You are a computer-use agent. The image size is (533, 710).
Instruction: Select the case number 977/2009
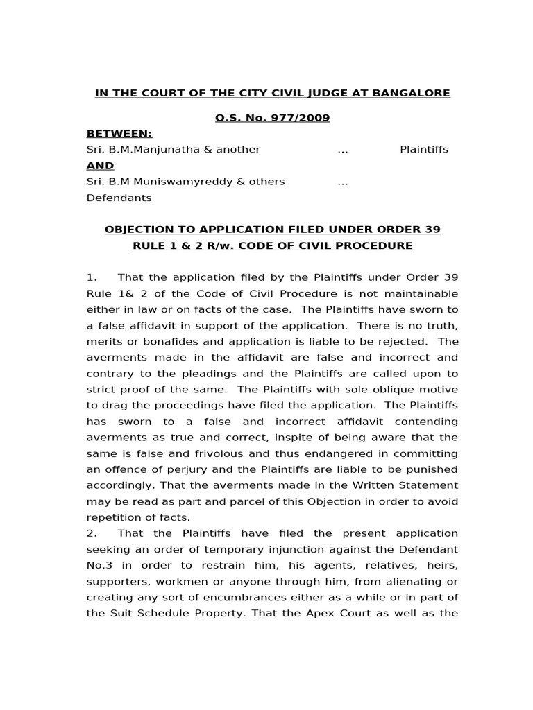[x=303, y=118]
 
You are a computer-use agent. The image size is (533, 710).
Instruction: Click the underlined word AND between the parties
[x=100, y=166]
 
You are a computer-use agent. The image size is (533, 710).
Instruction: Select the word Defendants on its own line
[x=119, y=198]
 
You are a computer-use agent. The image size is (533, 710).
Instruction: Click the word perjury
[x=186, y=469]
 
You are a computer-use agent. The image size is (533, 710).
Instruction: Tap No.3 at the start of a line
[x=99, y=565]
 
